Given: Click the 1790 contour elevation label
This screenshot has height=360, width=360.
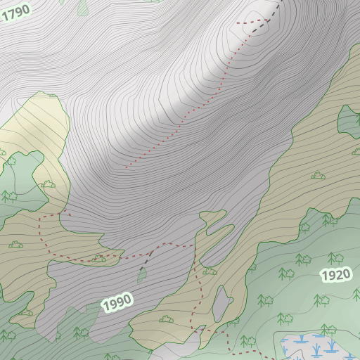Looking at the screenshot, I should pos(15,11).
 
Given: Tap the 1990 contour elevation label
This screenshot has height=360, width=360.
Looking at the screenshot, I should pos(117,303).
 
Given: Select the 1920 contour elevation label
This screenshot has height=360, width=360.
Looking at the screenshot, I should pos(336,275).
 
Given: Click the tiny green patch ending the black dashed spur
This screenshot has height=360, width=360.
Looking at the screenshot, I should pos(143,275).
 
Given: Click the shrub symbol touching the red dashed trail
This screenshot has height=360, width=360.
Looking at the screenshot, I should pos(98,259).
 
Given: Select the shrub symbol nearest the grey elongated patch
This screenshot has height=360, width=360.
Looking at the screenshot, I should pos(210,271).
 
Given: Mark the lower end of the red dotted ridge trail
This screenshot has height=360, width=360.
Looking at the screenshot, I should pos(127,167).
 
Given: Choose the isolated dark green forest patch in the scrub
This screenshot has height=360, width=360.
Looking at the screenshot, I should pos(348,120).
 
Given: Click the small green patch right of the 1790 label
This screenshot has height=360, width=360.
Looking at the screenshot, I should pos(84,7).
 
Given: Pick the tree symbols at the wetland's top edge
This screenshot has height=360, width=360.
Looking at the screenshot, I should pos(328,329).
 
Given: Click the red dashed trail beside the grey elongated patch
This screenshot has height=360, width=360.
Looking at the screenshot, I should pos(199,295).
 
